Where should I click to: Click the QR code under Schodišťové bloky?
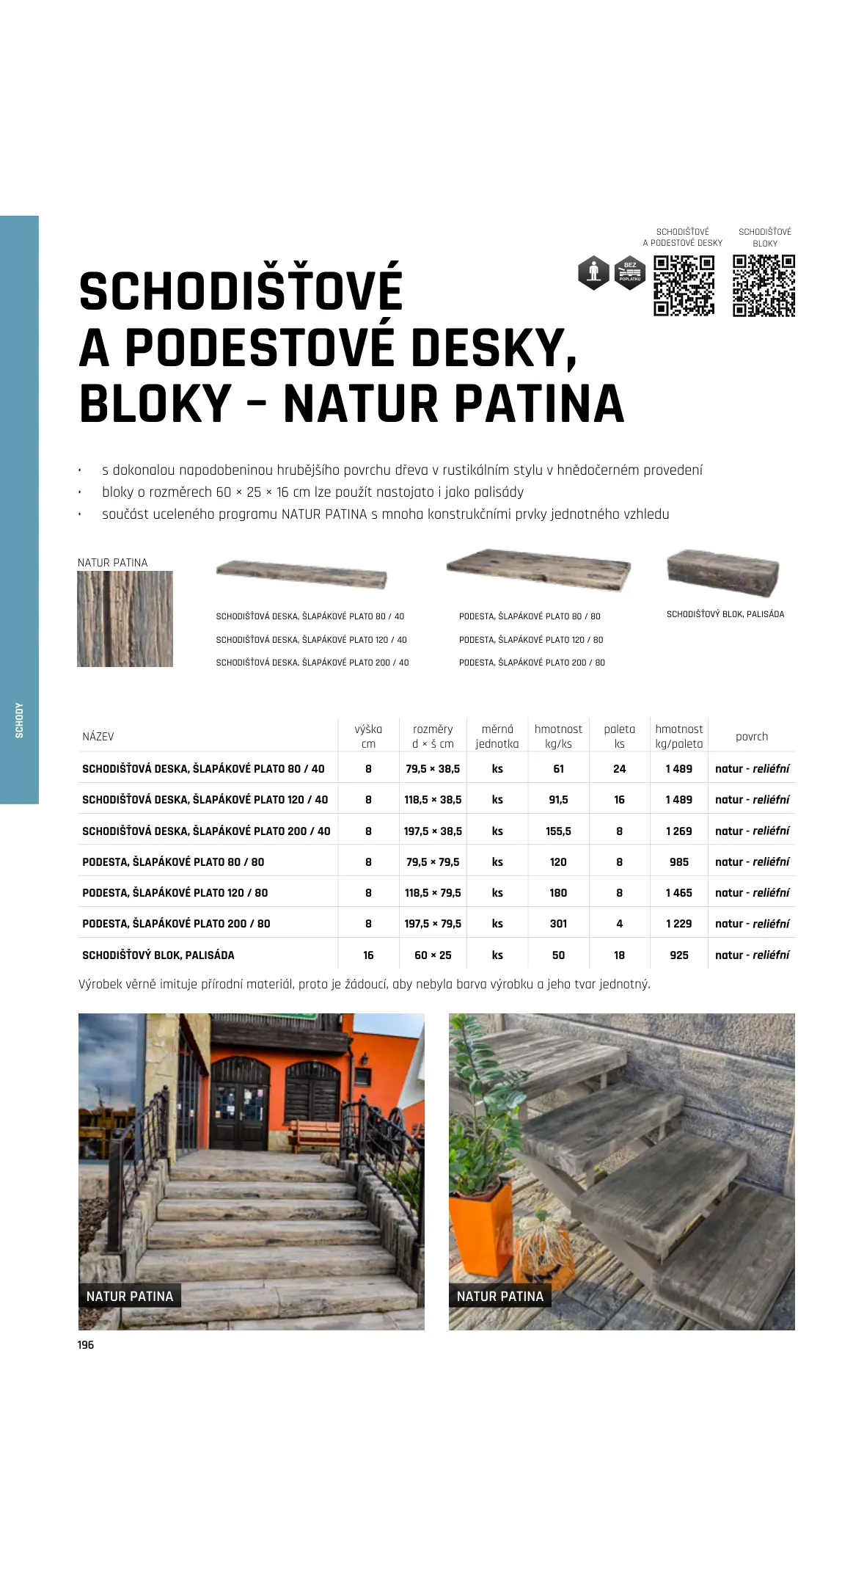coord(764,285)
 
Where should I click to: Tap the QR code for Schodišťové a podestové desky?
coord(684,285)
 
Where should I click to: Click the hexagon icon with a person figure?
coord(593,273)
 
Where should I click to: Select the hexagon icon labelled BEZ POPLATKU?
coord(629,273)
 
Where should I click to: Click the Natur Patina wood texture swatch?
coord(125,619)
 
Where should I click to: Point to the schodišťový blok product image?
coord(722,572)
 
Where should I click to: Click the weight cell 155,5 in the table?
coord(558,831)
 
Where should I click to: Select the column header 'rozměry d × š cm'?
coord(433,736)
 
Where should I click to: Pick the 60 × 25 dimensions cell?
coord(433,955)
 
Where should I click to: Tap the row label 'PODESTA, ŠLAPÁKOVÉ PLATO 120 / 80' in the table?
coord(175,892)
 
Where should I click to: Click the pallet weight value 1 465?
coord(678,892)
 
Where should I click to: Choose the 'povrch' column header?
coord(752,736)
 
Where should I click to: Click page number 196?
coord(86,1344)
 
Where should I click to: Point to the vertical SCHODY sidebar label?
coord(20,720)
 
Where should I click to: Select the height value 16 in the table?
coord(368,955)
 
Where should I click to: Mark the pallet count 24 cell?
coord(619,768)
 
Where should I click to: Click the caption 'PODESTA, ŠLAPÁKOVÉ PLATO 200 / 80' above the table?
coord(532,662)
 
